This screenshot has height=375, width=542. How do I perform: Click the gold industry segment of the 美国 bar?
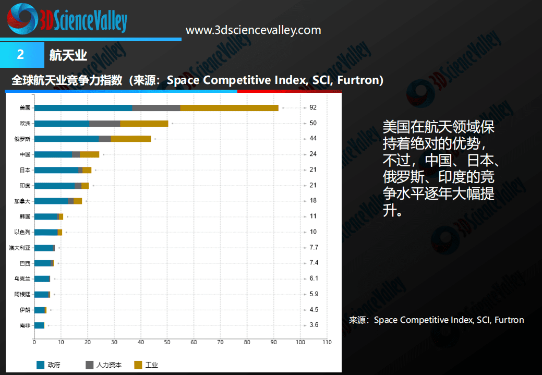tap(229, 108)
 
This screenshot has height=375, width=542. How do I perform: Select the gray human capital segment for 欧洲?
tap(105, 124)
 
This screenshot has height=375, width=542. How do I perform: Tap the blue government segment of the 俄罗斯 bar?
tap(66, 139)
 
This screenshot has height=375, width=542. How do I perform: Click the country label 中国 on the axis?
tap(25, 154)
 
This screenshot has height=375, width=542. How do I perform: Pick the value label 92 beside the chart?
tap(313, 107)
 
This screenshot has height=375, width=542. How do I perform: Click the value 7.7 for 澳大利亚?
tap(314, 247)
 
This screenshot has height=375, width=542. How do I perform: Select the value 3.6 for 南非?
tap(314, 325)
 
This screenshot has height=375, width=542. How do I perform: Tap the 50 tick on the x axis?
tap(167, 342)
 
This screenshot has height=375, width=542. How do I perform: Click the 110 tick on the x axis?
tap(327, 342)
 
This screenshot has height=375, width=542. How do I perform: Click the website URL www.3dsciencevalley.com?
tap(254, 30)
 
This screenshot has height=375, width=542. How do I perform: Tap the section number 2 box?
tap(21, 55)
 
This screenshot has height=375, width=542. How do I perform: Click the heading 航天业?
tap(68, 55)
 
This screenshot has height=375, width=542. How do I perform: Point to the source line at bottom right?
tap(436, 320)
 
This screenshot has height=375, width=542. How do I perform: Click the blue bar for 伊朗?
tap(40, 310)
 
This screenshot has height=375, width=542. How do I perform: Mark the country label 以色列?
tap(23, 232)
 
